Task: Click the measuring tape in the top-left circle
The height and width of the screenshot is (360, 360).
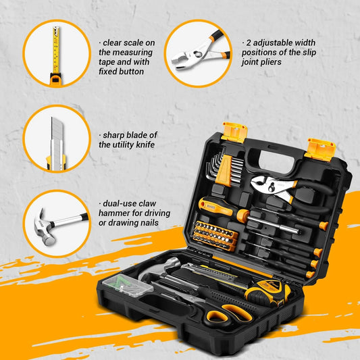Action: click(54, 53)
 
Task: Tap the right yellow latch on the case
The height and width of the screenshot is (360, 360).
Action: click(320, 148)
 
